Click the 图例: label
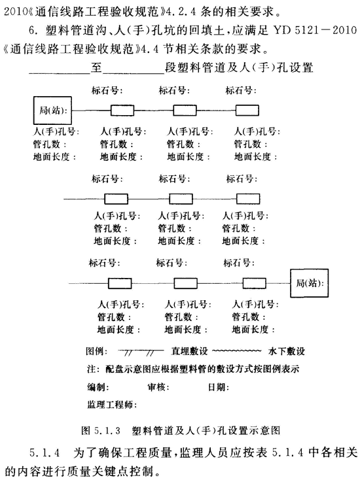[x=97, y=351]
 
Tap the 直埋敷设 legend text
[x=189, y=351]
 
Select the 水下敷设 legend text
[x=287, y=351]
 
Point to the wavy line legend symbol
[x=237, y=351]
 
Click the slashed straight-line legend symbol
[x=141, y=351]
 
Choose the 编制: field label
[x=98, y=387]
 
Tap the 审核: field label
[x=158, y=387]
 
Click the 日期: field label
[x=219, y=387]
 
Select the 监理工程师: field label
[x=112, y=405]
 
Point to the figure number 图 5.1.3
[x=101, y=430]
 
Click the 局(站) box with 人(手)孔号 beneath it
[x=52, y=111]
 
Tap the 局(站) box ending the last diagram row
[x=310, y=283]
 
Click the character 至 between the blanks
[x=96, y=67]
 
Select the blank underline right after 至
[x=134, y=73]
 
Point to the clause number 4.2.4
[x=182, y=12]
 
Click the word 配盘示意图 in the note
[x=129, y=369]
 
